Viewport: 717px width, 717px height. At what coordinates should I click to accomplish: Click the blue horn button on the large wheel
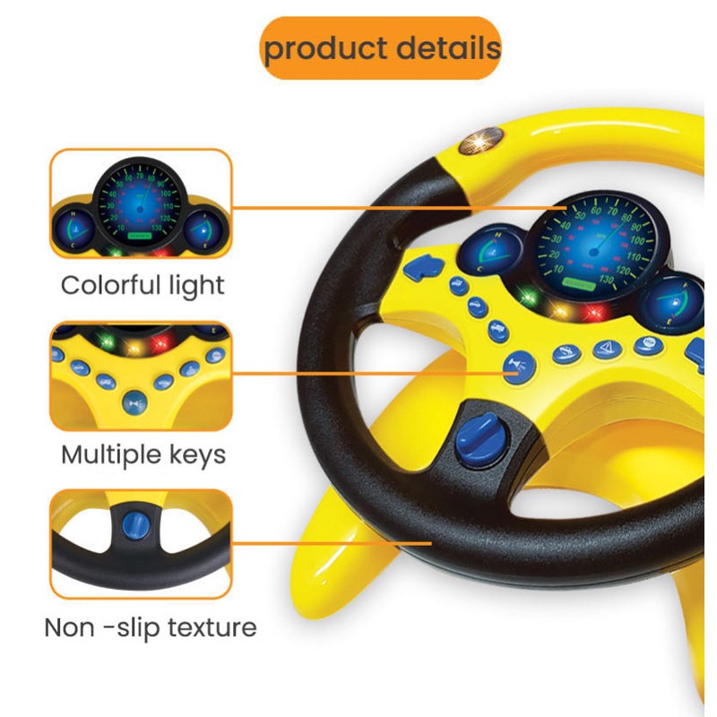(517, 366)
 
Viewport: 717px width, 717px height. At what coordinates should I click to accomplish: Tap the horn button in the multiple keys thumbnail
(134, 402)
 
